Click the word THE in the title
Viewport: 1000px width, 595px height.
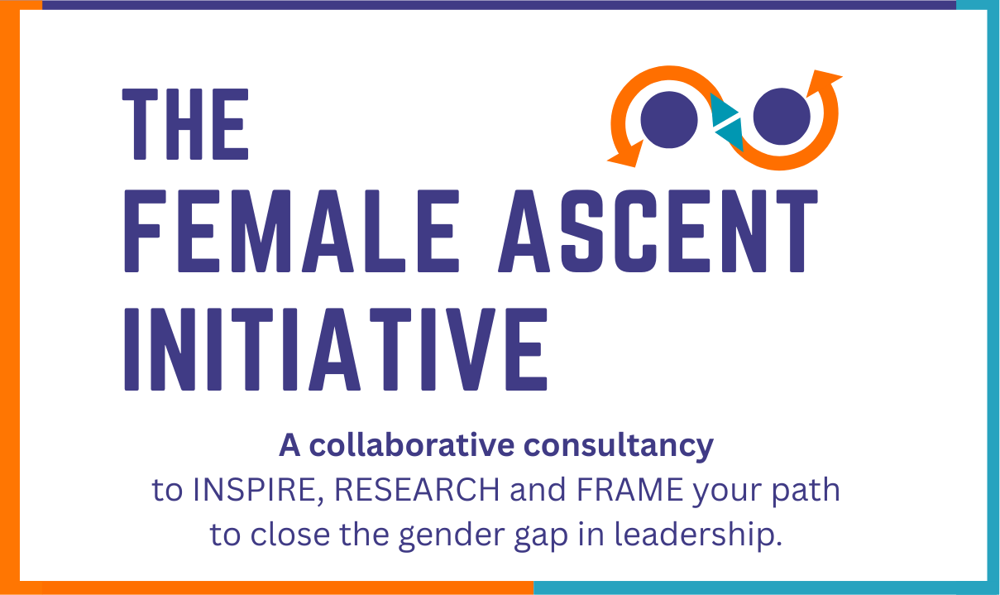(185, 124)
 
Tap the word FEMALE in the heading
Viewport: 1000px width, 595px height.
(291, 231)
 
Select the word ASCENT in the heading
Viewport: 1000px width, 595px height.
(658, 231)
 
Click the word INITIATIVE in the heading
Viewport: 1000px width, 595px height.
(336, 349)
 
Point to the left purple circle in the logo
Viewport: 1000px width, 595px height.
(669, 120)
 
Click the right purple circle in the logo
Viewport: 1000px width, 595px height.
(782, 116)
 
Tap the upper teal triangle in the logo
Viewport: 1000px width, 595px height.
(721, 109)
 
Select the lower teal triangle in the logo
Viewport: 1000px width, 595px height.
(732, 134)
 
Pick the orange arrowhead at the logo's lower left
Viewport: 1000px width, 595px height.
(626, 154)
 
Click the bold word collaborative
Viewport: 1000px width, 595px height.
(412, 445)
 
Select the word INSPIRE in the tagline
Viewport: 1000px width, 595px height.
(258, 491)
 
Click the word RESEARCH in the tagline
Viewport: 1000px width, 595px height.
(417, 490)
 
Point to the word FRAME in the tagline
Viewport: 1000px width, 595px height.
(630, 490)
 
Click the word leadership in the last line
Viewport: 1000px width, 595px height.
(698, 535)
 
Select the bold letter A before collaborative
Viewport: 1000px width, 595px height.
(289, 445)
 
